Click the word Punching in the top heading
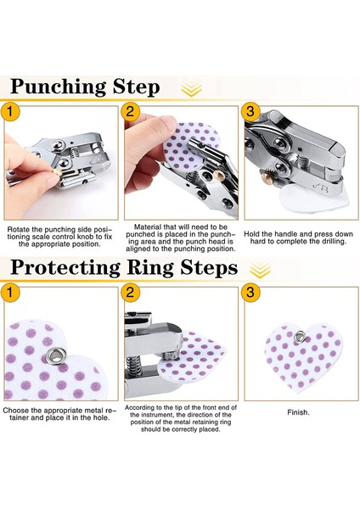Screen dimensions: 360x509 click(x=58, y=87)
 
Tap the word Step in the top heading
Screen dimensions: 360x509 click(x=136, y=87)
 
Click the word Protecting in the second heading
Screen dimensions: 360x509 click(x=65, y=268)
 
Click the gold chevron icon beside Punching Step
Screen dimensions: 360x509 click(x=191, y=88)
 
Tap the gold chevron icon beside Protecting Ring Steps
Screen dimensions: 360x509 click(x=261, y=270)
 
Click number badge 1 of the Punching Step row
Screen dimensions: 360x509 click(x=9, y=112)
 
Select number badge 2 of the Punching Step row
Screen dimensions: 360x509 click(x=130, y=112)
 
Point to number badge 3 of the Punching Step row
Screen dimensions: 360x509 click(x=250, y=112)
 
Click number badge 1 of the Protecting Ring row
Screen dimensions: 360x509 click(x=9, y=293)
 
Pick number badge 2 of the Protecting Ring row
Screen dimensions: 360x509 click(x=130, y=293)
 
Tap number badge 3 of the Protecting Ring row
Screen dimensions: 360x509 click(x=250, y=293)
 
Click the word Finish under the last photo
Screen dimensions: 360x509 click(x=298, y=412)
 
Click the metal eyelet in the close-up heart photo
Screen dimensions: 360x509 click(x=56, y=356)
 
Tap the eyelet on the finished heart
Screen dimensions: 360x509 click(x=300, y=338)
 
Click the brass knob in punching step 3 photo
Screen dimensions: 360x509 click(x=268, y=176)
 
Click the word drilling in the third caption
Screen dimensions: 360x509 click(x=331, y=242)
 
